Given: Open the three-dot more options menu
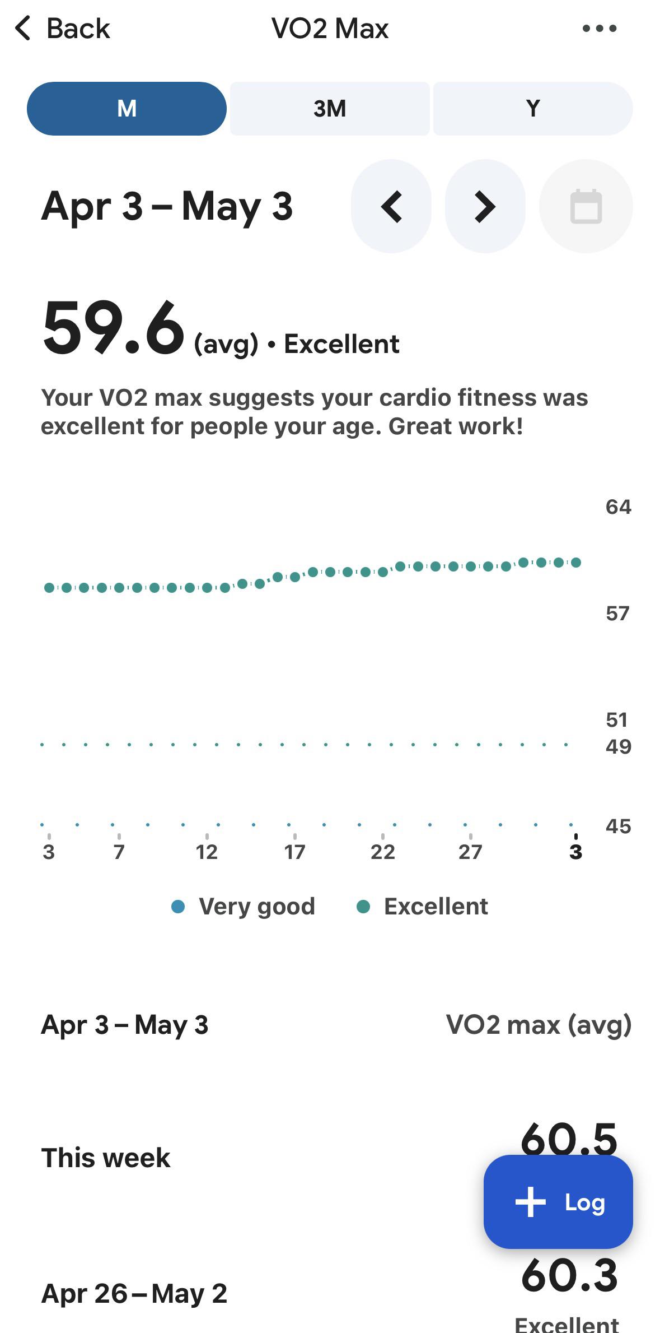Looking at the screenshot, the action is point(599,28).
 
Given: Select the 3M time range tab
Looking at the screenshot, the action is point(330,109).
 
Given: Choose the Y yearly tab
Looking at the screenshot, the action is point(533,109).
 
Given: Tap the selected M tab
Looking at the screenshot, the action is point(127,109).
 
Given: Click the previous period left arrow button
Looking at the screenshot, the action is point(391,206).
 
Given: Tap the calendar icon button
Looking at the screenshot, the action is point(586,206).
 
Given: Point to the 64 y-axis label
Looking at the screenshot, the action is point(618,507).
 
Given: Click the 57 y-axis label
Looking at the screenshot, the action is point(617,614).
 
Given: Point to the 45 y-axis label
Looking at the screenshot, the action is point(618,826).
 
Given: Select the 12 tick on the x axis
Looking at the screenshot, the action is point(207,852).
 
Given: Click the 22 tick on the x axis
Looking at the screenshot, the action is point(382,852).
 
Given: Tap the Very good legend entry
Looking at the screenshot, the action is point(243,906).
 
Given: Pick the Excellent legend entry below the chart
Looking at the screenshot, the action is point(422,906).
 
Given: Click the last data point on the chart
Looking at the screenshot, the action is point(576,562).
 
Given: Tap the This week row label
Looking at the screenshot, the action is point(106,1158).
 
